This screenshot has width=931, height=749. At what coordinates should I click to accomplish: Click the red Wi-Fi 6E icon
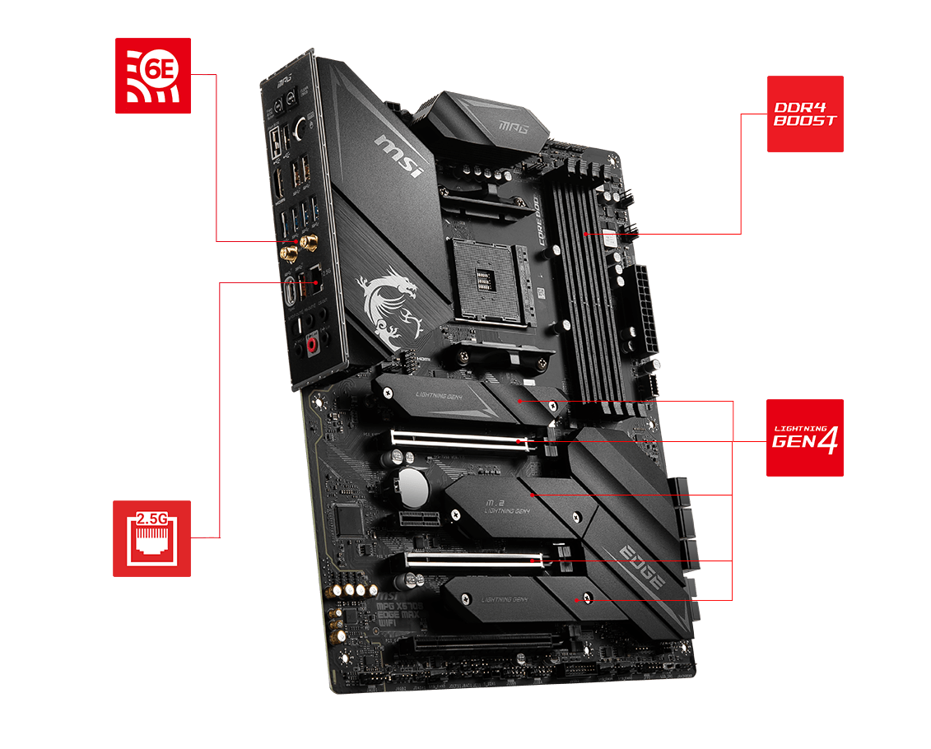pos(153,75)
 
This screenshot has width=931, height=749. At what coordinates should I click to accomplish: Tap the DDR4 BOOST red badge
pos(805,114)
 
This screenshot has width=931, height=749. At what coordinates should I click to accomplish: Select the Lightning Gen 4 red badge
pos(805,438)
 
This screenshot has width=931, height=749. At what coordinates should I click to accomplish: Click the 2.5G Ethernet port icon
pos(151,538)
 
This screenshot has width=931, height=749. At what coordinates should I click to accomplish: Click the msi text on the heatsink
pos(400,156)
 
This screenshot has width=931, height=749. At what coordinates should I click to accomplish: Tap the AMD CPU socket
pos(486,280)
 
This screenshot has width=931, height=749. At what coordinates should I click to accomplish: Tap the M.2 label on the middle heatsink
pos(494,503)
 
